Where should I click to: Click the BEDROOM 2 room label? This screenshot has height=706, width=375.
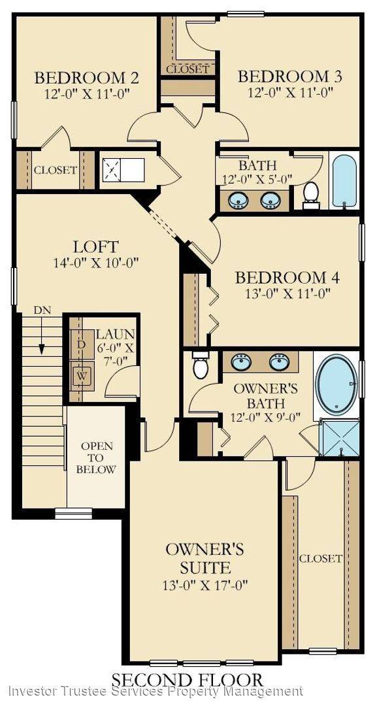click(x=86, y=78)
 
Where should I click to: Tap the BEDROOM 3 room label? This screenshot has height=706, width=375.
click(x=290, y=76)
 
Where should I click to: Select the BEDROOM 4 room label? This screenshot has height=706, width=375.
click(x=287, y=277)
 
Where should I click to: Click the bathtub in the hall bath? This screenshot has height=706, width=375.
click(x=344, y=180)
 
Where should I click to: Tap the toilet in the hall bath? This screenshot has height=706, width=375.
click(x=311, y=193)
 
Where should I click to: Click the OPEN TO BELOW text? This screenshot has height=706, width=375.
click(x=97, y=458)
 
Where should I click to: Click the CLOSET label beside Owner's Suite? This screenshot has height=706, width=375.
click(x=321, y=558)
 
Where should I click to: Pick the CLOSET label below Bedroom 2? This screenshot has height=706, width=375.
click(x=56, y=170)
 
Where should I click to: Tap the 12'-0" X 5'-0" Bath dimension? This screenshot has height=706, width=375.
click(x=257, y=179)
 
